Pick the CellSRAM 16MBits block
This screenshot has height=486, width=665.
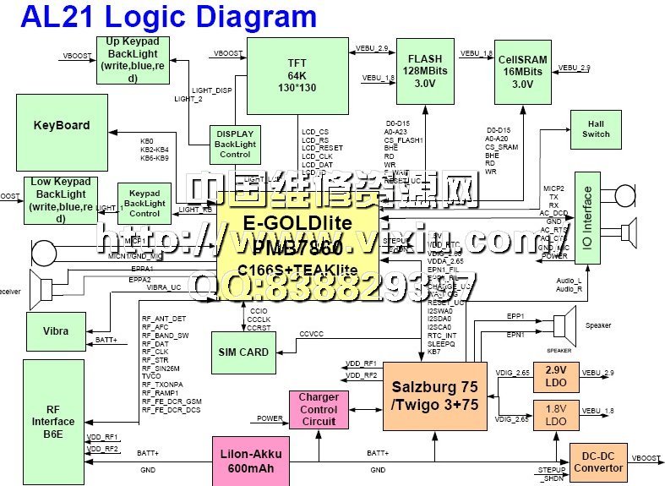522,71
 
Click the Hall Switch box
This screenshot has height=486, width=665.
596,128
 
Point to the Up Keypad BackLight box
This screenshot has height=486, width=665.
133,59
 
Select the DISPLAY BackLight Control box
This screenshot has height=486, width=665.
235,144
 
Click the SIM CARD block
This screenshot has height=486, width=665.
243,352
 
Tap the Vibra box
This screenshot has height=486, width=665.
56,330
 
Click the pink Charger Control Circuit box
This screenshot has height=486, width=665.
319,409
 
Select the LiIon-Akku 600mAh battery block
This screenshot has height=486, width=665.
252,461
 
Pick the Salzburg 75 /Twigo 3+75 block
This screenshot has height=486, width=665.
434,395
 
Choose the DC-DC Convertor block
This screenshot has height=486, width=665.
599,461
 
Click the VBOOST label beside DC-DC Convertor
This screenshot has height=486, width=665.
647,457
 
